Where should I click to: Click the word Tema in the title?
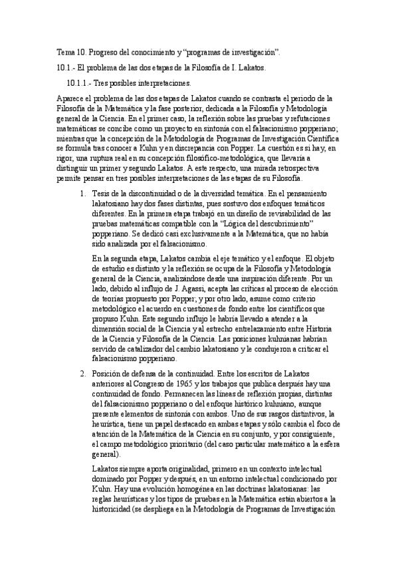point(64,52)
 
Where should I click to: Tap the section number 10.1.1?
point(80,84)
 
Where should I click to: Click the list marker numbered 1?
point(82,193)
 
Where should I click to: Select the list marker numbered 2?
point(82,372)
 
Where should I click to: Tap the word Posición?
point(109,372)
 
